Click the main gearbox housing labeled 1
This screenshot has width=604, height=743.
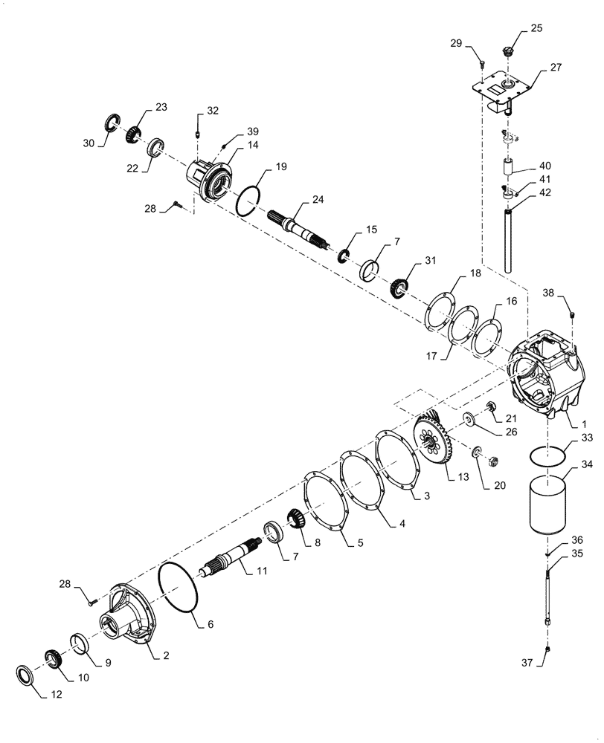(x=544, y=378)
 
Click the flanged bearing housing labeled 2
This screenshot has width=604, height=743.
(x=134, y=617)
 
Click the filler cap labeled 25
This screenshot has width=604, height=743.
(x=508, y=53)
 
